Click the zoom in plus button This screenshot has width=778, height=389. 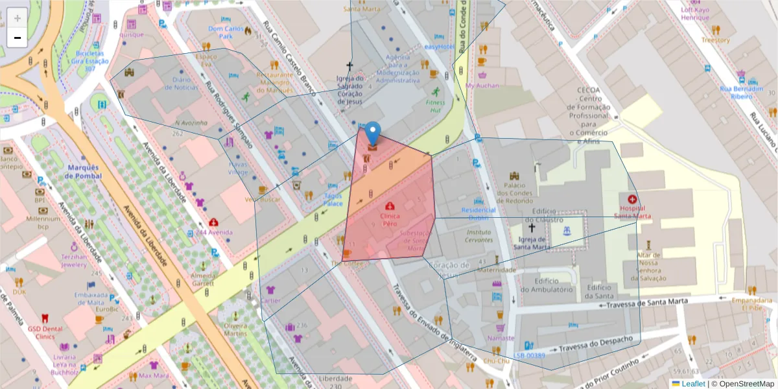[18, 18]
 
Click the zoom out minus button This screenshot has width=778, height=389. [18, 38]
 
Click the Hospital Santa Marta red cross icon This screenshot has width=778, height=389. [632, 200]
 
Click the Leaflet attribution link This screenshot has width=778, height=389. [693, 384]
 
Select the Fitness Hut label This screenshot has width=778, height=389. [436, 106]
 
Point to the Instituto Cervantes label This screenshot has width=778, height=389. [478, 236]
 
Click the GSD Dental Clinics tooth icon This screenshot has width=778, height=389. [45, 318]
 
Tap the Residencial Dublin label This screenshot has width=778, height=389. [478, 214]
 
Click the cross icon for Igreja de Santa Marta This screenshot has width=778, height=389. [532, 228]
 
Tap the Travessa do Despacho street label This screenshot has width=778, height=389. [595, 344]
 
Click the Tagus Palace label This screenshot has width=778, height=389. [333, 200]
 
